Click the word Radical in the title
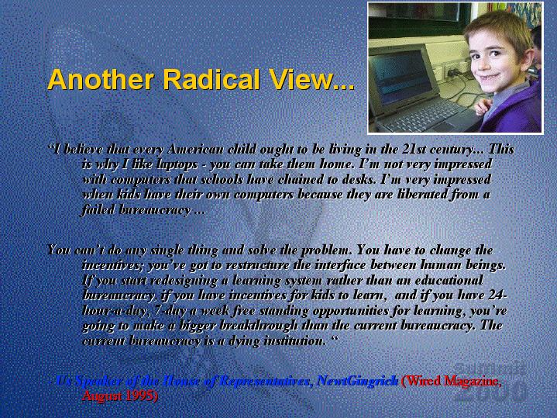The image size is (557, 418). pyautogui.click(x=211, y=79)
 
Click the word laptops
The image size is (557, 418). pyautogui.click(x=177, y=165)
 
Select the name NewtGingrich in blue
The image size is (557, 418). pyautogui.click(x=357, y=382)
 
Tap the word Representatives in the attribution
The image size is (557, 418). pyautogui.click(x=264, y=382)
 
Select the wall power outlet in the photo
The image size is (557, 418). pyautogui.click(x=452, y=71)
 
